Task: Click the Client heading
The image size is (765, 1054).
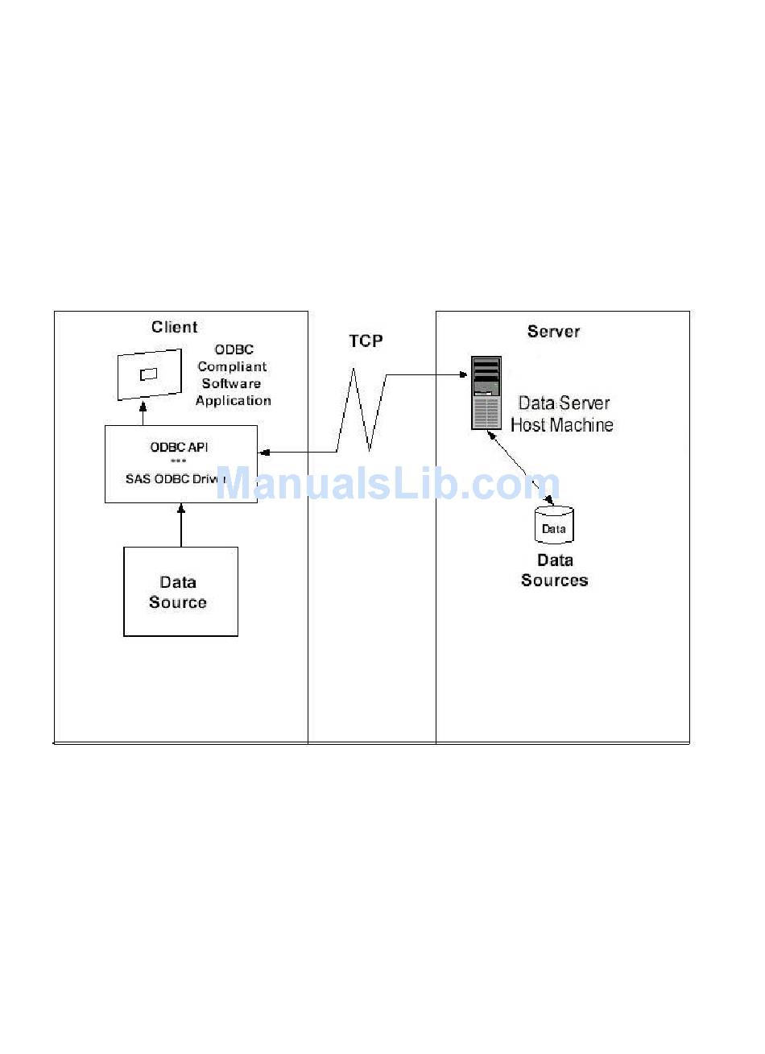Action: [x=174, y=327]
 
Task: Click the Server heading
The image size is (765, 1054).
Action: [x=553, y=332]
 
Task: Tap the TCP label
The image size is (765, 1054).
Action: [x=366, y=341]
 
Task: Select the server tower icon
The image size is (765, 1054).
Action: [x=486, y=394]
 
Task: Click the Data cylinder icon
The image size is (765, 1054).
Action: [x=554, y=524]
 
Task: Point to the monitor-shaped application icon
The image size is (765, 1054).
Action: [x=149, y=374]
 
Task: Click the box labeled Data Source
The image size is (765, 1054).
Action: [x=180, y=592]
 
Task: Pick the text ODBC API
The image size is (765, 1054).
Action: [x=179, y=447]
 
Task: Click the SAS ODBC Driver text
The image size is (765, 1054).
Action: [x=176, y=479]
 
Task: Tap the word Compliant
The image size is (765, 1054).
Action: [x=232, y=367]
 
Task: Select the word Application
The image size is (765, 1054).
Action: [x=233, y=401]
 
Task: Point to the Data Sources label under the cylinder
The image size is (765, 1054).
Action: [x=554, y=570]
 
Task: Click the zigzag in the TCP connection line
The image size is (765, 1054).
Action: [x=355, y=411]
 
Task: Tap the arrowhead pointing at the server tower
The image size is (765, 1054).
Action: [x=465, y=374]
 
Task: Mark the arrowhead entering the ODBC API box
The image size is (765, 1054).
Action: [x=263, y=454]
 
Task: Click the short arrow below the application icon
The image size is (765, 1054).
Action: [x=143, y=415]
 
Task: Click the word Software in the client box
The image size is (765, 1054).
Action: [x=231, y=384]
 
